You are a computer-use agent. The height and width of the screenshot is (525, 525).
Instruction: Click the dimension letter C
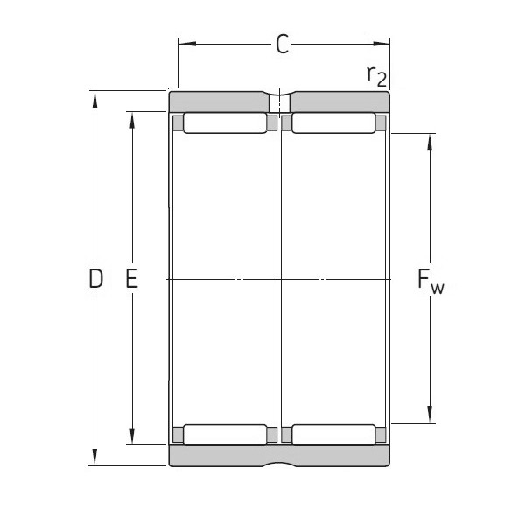point(282,45)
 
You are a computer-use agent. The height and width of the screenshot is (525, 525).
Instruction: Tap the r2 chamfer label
point(375,76)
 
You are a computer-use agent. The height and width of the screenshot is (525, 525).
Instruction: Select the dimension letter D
point(96,279)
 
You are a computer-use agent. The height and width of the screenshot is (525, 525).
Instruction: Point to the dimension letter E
point(132,279)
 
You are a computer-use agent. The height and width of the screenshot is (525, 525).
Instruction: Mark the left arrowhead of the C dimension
point(185,41)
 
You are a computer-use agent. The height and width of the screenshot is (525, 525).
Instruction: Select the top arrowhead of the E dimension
point(132,118)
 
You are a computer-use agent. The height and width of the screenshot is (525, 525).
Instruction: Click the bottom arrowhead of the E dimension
point(132,438)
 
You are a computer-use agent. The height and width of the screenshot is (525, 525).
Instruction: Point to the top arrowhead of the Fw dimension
point(430,140)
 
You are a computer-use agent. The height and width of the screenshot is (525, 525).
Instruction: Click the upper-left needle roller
point(226,123)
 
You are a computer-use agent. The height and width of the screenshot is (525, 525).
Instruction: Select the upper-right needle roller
point(333,123)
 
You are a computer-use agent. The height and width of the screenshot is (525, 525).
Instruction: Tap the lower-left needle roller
point(226,434)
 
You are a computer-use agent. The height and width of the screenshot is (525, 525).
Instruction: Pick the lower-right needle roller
point(333,434)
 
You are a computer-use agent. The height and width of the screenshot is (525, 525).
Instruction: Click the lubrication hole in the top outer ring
point(280,101)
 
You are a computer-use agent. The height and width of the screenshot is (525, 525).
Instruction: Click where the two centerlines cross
point(280,279)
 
